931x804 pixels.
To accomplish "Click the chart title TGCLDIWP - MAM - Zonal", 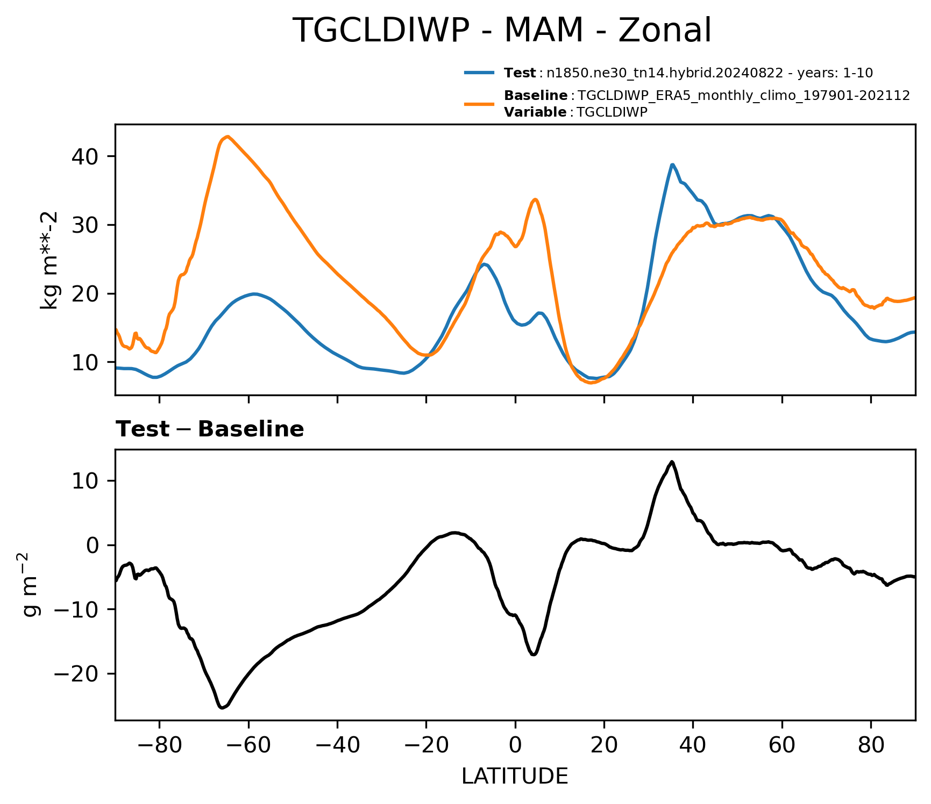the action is pos(501,30).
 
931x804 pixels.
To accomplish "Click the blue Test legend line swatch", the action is pos(479,73).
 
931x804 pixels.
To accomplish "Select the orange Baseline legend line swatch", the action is pos(479,104).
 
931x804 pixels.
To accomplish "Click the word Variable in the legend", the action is pos(535,112).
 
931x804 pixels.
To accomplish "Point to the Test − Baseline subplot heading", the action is pos(210,429).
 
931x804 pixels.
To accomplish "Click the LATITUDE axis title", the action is pos(515,776).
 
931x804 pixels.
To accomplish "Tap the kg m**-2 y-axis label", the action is pos(49,260).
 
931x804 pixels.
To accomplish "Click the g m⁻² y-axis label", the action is pos(30,585).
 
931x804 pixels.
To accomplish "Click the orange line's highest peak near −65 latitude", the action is pos(228,137).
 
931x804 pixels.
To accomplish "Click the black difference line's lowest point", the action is pos(222,708).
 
